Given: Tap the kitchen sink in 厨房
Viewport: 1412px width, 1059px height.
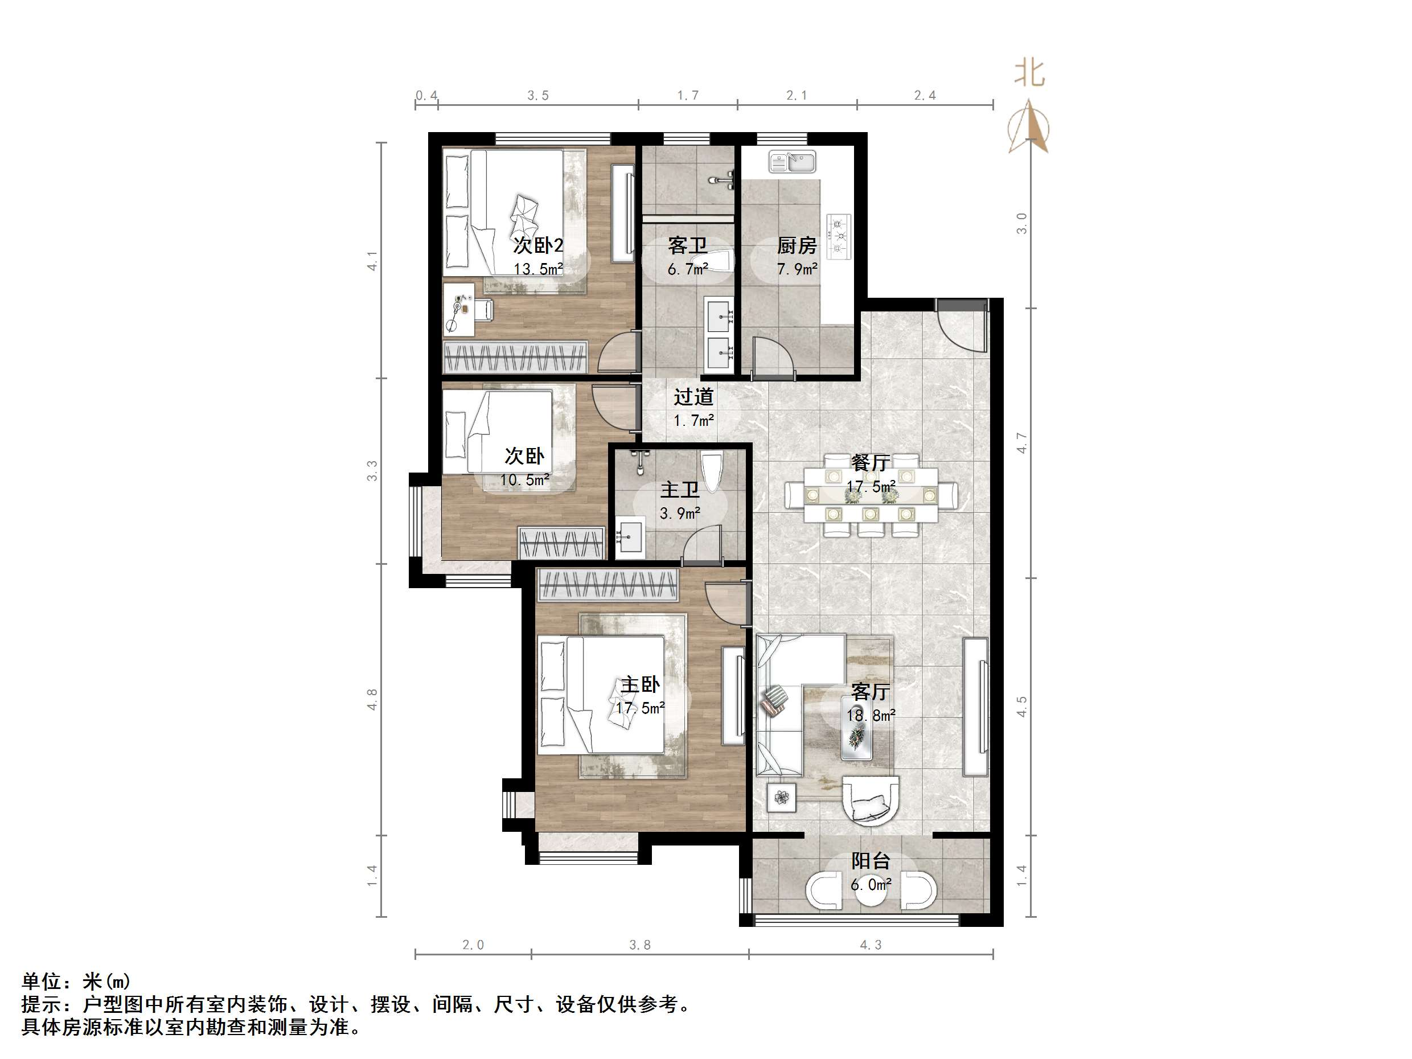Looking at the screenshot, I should pos(792,162).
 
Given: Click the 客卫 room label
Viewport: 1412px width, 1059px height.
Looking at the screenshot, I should pos(687,245).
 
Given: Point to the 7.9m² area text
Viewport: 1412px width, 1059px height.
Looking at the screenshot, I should pos(797,269).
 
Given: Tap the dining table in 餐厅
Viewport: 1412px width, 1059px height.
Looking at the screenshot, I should pos(871,495).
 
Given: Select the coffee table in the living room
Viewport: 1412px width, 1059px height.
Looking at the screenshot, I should pos(856,737).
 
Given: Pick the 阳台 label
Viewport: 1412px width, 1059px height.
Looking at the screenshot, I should pos(871,860).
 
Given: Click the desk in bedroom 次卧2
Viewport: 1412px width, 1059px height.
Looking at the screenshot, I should pos(458,310).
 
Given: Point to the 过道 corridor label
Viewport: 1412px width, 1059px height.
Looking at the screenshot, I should pos(693,396).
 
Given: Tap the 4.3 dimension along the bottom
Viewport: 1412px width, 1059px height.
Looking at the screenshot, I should pos(870,945).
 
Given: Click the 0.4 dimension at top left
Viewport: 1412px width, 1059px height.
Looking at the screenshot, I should pos(426,96).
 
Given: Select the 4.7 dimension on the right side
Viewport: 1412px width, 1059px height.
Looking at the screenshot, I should pos(1022,443).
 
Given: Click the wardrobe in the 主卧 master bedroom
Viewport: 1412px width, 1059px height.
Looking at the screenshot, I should pos(608,585).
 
